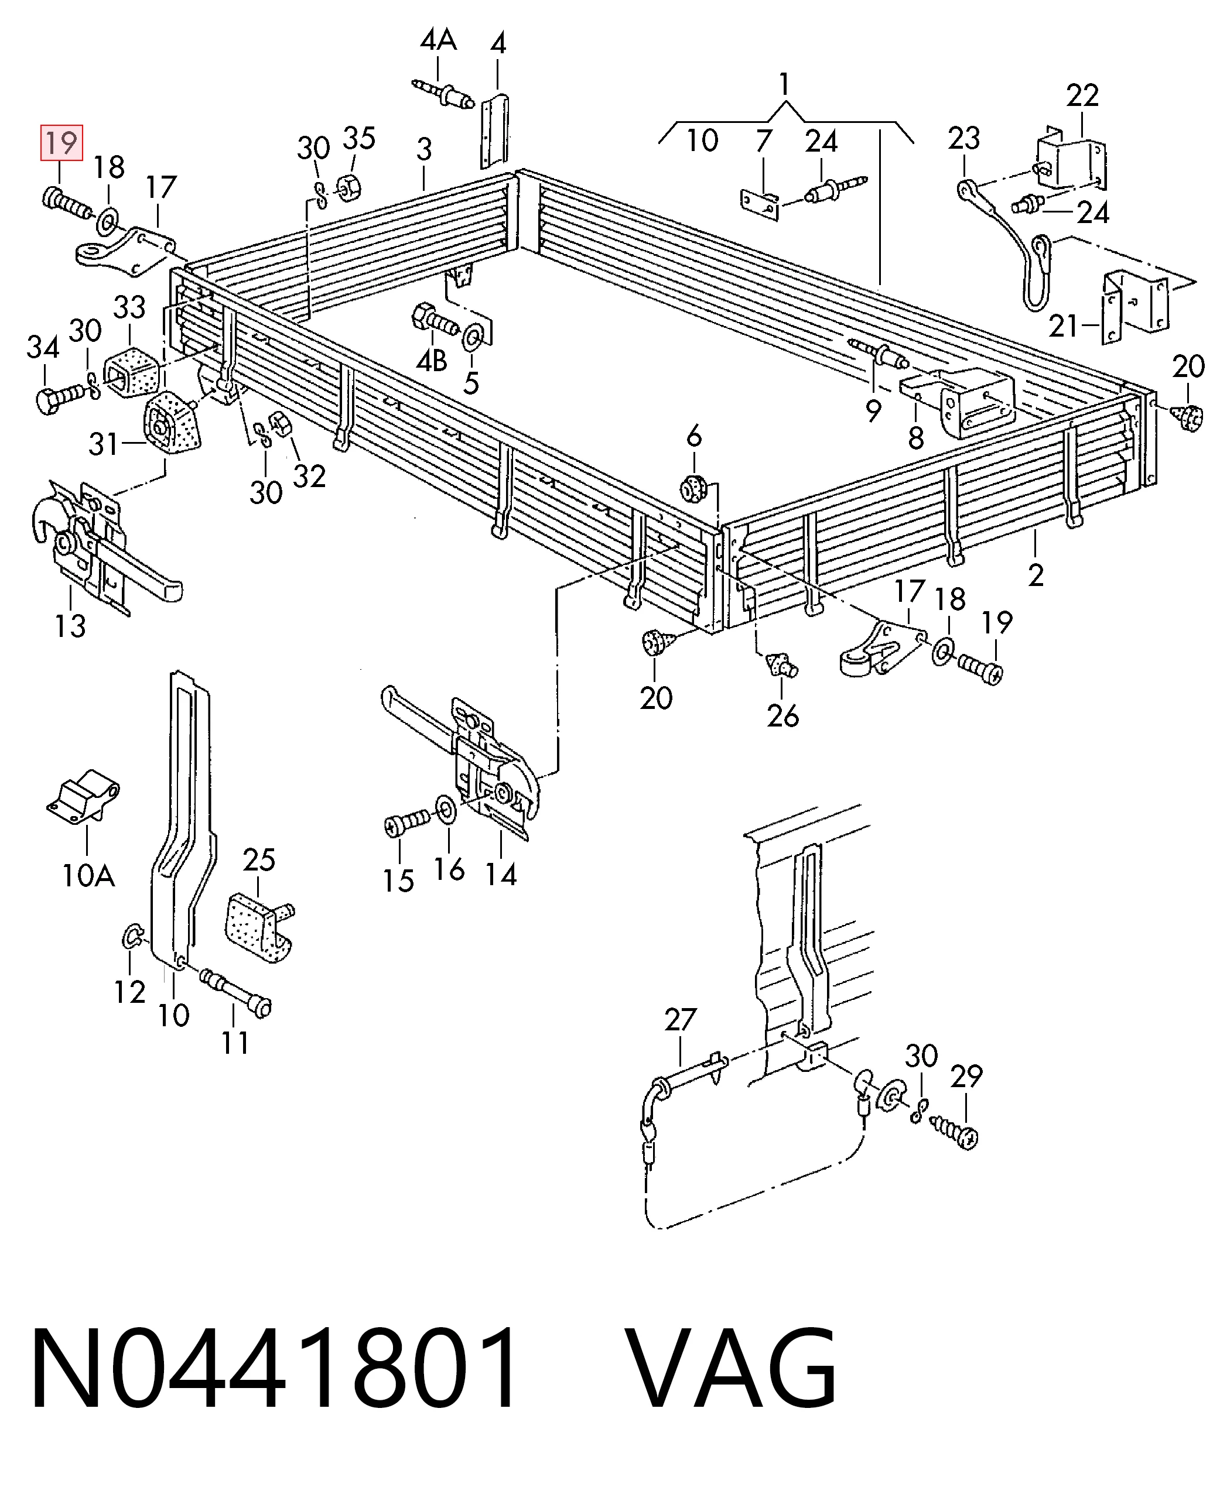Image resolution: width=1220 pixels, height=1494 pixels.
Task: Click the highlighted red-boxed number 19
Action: click(x=62, y=143)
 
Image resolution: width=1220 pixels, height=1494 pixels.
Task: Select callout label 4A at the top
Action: click(x=439, y=41)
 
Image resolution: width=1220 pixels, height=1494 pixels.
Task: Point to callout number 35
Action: click(x=359, y=138)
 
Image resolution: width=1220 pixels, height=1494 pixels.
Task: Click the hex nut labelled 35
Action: click(x=349, y=187)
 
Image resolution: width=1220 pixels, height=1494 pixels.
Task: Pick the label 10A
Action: click(x=88, y=876)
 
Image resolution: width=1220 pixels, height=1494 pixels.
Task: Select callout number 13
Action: click(x=70, y=625)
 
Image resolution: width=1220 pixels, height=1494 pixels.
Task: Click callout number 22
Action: click(x=1082, y=95)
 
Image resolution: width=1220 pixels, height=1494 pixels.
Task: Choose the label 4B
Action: click(x=432, y=361)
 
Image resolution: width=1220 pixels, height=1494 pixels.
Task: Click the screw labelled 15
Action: click(x=407, y=823)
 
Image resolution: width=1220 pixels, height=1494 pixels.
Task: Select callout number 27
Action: click(x=680, y=1019)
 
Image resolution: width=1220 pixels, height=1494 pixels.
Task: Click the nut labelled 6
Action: click(x=694, y=488)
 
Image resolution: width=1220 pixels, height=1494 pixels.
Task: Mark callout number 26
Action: click(x=783, y=716)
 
